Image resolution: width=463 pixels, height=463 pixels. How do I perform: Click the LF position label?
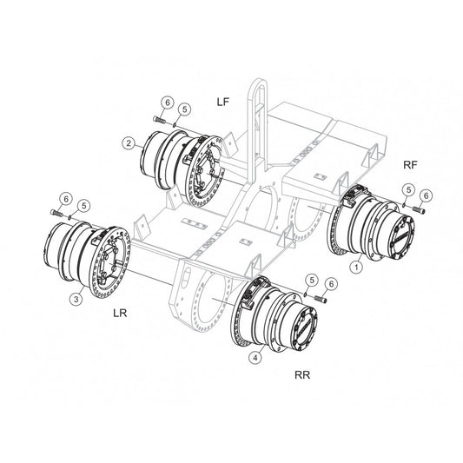click(x=223, y=102)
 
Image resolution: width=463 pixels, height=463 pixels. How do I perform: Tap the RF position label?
click(x=410, y=165)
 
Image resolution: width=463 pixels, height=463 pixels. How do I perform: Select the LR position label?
click(x=120, y=313)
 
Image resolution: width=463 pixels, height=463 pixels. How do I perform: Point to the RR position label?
click(x=302, y=375)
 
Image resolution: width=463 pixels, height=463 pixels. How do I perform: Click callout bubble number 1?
click(x=356, y=268)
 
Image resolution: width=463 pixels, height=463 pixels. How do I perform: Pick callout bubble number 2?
click(x=129, y=143)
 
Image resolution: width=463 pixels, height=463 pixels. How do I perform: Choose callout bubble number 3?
click(x=76, y=299)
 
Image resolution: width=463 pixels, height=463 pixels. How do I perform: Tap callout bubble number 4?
click(x=255, y=358)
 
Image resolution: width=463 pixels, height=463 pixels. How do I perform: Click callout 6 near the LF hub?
click(x=168, y=103)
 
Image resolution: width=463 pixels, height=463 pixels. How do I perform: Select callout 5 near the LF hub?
click(x=184, y=109)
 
